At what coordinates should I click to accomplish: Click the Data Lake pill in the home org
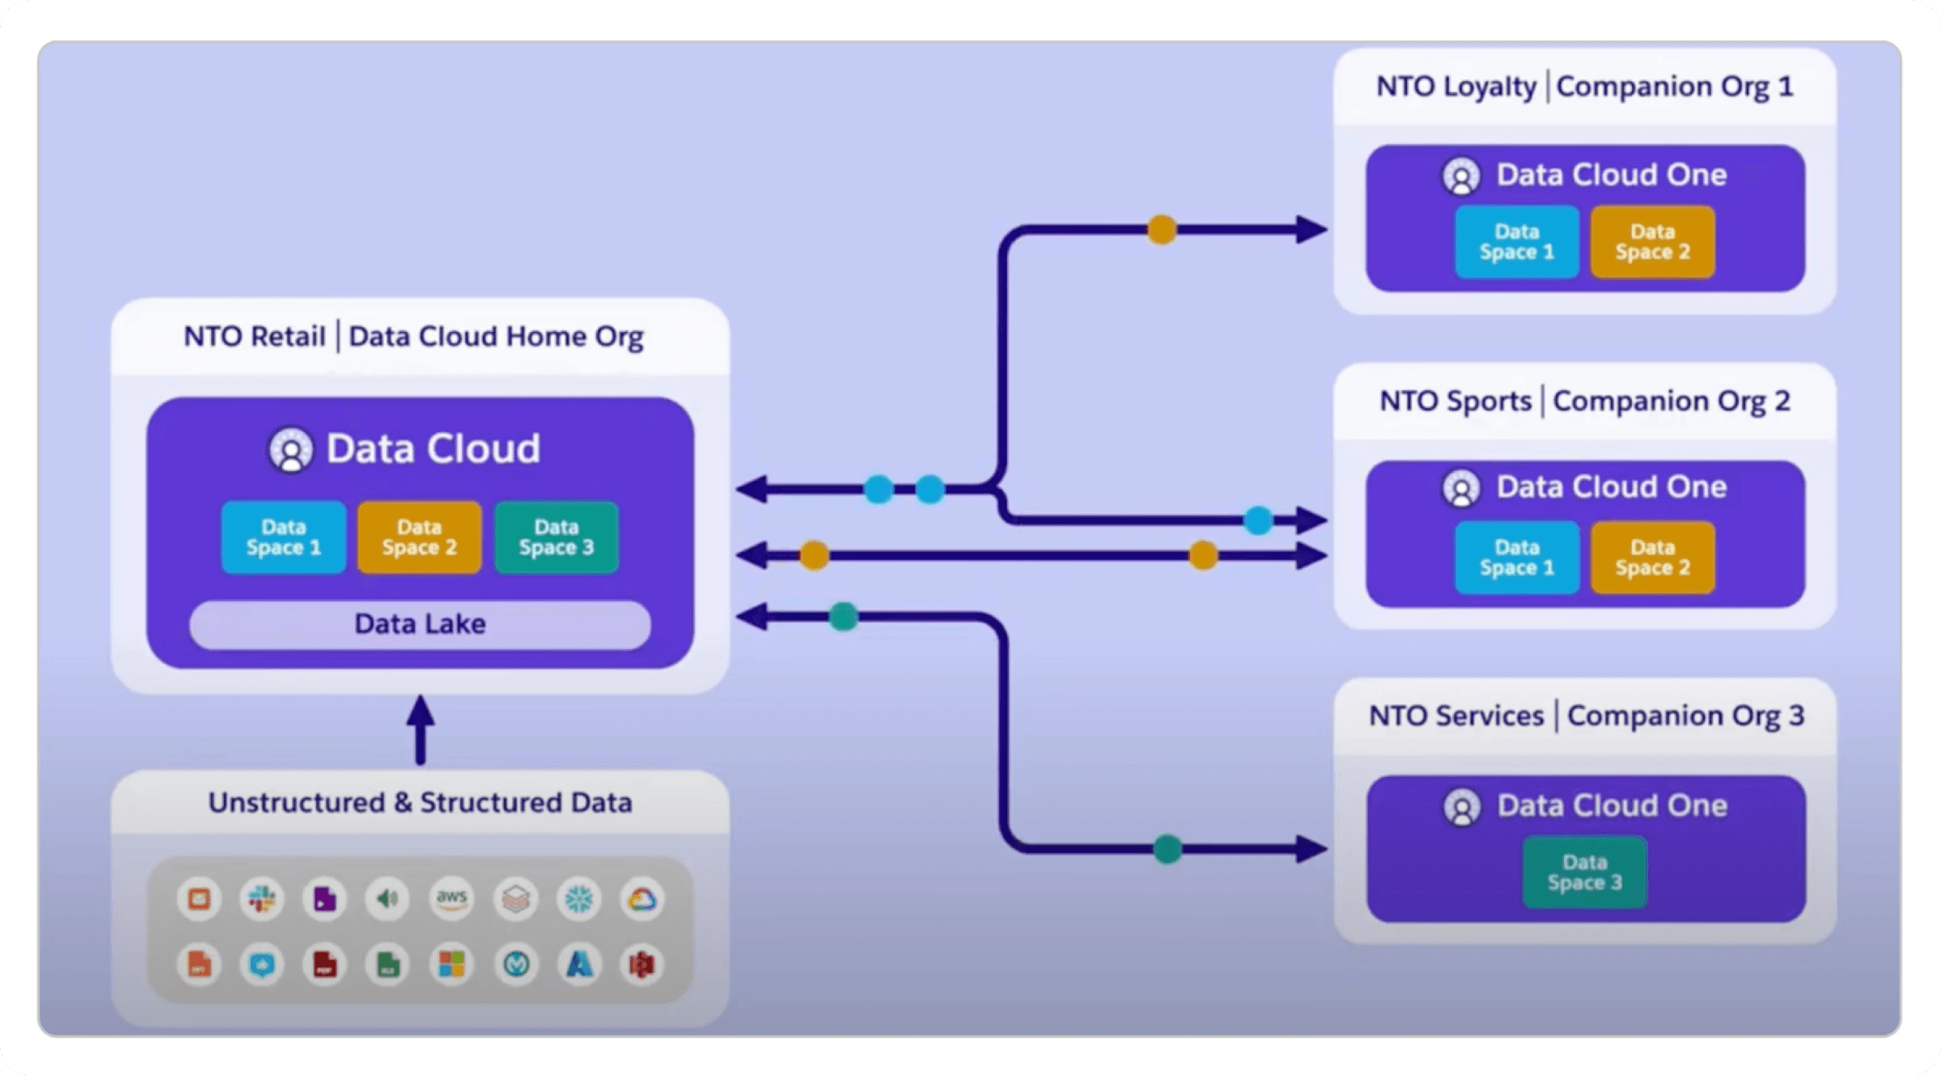pyautogui.click(x=420, y=624)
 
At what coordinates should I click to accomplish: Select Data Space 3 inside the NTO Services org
pyautogui.click(x=1585, y=872)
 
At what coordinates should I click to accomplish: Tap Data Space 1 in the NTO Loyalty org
pyautogui.click(x=1517, y=242)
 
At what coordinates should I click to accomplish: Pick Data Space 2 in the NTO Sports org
pyautogui.click(x=1653, y=558)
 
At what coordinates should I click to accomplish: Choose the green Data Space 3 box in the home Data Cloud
pyautogui.click(x=556, y=538)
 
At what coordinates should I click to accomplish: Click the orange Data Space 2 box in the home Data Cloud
pyautogui.click(x=420, y=538)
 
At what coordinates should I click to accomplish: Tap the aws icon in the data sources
pyautogui.click(x=452, y=898)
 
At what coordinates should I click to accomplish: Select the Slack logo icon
pyautogui.click(x=262, y=898)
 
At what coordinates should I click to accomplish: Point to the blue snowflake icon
pyautogui.click(x=579, y=898)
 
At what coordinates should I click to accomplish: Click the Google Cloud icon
pyautogui.click(x=642, y=898)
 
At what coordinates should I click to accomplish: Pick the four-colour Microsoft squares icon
pyautogui.click(x=452, y=964)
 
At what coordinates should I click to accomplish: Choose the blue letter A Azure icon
pyautogui.click(x=580, y=964)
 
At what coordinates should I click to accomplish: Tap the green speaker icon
pyautogui.click(x=388, y=898)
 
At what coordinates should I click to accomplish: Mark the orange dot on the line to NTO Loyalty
pyautogui.click(x=1162, y=229)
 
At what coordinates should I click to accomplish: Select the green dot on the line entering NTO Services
pyautogui.click(x=1168, y=849)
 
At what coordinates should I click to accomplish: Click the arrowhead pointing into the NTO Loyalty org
pyautogui.click(x=1311, y=229)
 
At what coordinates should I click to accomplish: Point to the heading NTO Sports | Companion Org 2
pyautogui.click(x=1585, y=401)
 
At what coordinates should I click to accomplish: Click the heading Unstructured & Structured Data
pyautogui.click(x=420, y=803)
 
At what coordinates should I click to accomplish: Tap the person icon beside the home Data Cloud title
pyautogui.click(x=291, y=450)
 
